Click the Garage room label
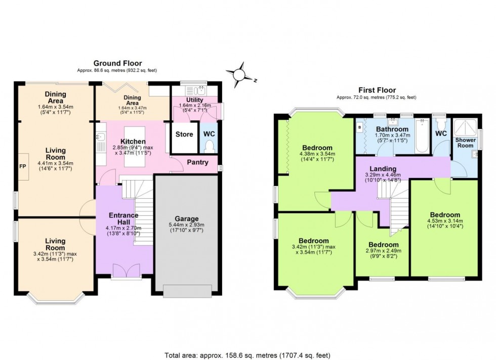click(x=188, y=218)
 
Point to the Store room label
click(x=184, y=134)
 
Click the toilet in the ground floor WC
click(x=210, y=146)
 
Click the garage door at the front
click(x=188, y=290)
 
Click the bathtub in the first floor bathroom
click(x=422, y=137)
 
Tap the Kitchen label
click(x=133, y=142)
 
